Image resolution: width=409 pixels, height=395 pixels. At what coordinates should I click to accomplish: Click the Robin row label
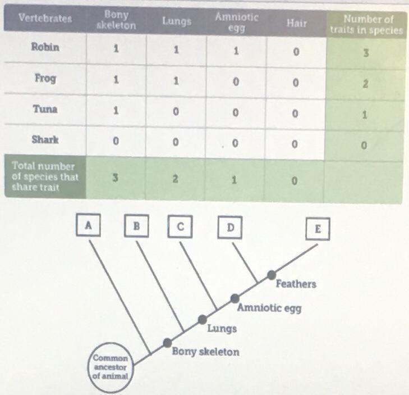(x=45, y=47)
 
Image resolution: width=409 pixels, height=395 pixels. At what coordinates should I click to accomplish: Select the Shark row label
(x=45, y=139)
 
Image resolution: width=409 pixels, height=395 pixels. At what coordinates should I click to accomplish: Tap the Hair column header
(x=297, y=23)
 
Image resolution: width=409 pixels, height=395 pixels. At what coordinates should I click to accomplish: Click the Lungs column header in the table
(x=177, y=21)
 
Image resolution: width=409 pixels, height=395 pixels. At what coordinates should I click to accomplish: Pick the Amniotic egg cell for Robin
(x=236, y=51)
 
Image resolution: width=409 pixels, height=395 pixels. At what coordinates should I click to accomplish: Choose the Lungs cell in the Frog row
(x=176, y=81)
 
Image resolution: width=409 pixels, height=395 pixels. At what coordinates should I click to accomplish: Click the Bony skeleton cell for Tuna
(x=116, y=110)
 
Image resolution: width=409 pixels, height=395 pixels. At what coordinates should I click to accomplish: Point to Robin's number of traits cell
(x=366, y=53)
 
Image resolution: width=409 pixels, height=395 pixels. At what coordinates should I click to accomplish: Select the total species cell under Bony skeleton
(x=115, y=178)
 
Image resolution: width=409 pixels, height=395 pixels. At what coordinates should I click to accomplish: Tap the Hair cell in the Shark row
(x=295, y=144)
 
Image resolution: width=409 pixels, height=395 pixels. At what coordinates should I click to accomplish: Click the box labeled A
(x=88, y=225)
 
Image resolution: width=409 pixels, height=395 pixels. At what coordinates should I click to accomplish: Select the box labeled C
(x=180, y=226)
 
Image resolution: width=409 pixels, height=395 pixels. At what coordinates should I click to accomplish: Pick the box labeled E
(x=318, y=229)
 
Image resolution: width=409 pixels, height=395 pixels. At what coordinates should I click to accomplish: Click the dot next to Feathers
(x=272, y=275)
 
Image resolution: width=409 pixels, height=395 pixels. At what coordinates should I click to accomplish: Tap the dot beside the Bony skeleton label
(x=167, y=343)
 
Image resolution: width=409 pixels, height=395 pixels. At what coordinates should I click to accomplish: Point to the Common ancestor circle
(x=111, y=366)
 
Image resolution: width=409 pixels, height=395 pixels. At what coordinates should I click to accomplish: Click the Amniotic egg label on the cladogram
(x=269, y=308)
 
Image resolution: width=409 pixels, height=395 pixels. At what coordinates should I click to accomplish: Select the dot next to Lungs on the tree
(x=203, y=319)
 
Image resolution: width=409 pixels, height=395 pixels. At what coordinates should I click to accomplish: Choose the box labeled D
(x=230, y=228)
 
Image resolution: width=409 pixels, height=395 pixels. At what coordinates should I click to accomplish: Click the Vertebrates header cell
(x=45, y=18)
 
